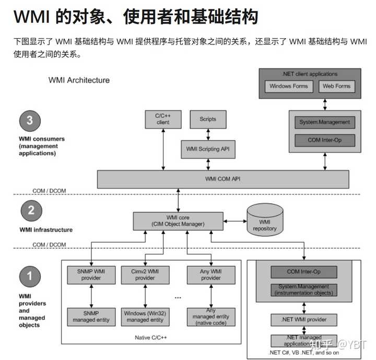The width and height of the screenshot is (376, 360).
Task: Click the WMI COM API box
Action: click(223, 179)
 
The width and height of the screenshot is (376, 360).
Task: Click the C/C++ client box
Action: click(163, 119)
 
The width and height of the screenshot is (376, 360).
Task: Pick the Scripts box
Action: click(207, 119)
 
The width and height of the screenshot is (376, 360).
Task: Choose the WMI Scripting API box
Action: click(207, 149)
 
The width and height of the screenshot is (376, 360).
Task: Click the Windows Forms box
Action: click(289, 86)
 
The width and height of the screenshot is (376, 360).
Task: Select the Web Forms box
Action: click(336, 86)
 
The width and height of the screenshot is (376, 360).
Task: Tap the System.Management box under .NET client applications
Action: click(324, 122)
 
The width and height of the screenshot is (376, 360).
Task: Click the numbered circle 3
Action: click(30, 121)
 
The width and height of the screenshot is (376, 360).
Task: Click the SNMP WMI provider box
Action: click(91, 275)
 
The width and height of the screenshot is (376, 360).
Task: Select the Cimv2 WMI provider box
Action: click(145, 275)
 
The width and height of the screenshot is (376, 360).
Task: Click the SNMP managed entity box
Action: click(91, 317)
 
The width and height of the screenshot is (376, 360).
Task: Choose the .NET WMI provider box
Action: click(303, 319)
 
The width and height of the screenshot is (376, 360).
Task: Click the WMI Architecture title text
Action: click(79, 80)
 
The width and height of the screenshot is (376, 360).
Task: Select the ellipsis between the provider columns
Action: click(178, 297)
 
